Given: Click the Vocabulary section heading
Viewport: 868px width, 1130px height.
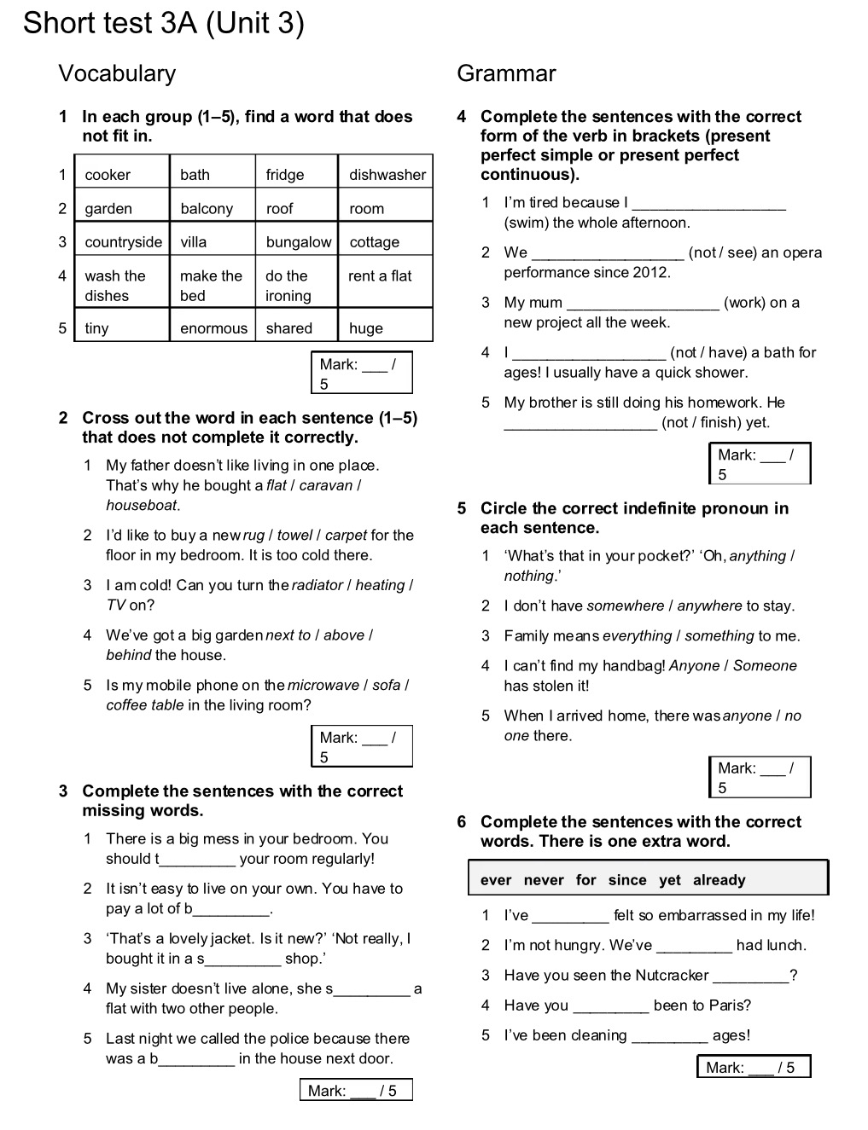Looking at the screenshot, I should (x=117, y=73).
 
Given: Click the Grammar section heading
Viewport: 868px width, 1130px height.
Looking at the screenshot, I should (x=506, y=73).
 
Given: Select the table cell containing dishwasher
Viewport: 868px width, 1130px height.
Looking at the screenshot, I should (x=387, y=175).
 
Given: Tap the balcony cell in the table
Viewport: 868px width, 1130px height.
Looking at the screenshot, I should (x=207, y=208).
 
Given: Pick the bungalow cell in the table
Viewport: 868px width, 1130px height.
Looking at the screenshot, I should (x=298, y=242).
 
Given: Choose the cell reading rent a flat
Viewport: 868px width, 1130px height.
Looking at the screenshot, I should (x=380, y=275).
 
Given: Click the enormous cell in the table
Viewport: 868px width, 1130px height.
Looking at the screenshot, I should (x=213, y=328).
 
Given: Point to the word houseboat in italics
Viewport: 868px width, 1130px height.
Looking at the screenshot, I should (x=142, y=505).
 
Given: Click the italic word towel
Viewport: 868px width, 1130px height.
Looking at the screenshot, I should (x=294, y=536).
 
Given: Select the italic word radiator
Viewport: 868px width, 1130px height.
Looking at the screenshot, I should (x=317, y=585).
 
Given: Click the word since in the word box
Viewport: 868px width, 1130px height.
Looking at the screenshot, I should (x=627, y=880).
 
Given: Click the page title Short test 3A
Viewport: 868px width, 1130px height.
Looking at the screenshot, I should (x=163, y=23).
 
